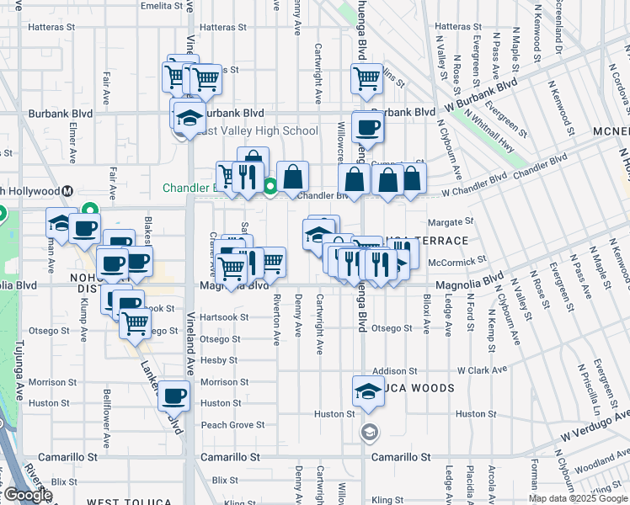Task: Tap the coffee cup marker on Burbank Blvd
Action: (x=366, y=128)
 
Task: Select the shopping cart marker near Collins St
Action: (x=366, y=79)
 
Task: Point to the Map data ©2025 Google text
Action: (x=578, y=498)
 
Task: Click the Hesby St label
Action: (x=219, y=360)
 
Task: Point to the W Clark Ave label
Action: (x=483, y=370)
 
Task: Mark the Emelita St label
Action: (x=163, y=5)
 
